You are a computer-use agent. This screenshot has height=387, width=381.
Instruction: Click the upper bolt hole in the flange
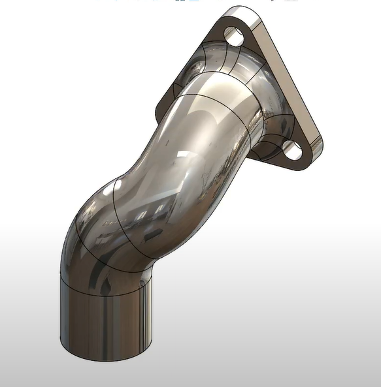[x=235, y=37]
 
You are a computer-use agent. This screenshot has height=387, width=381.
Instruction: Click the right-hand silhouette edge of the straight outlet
[x=156, y=313]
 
